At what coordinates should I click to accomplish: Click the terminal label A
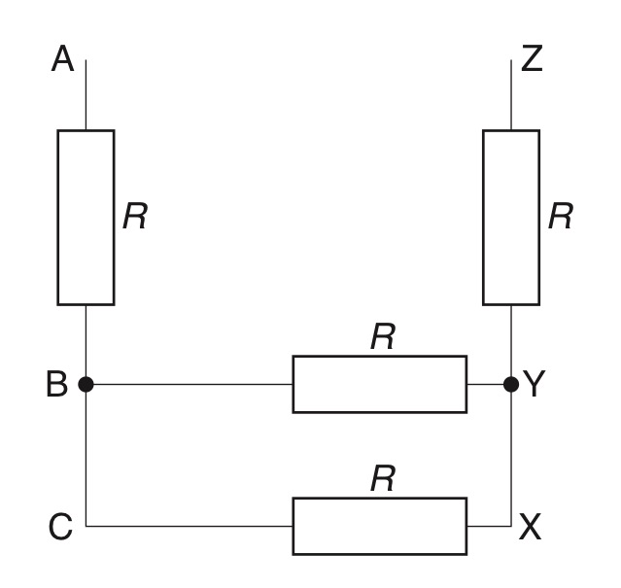[62, 60]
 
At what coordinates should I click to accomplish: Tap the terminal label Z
[532, 60]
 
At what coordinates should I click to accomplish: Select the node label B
[57, 385]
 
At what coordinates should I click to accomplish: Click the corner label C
[59, 527]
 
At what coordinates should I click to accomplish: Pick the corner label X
[532, 527]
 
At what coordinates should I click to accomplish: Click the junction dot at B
[86, 385]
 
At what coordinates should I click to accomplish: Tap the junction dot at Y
[511, 385]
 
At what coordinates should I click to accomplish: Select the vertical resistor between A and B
[86, 217]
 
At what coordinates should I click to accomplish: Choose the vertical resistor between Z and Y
[511, 217]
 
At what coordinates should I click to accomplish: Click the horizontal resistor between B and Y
[379, 385]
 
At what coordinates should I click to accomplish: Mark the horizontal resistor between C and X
[379, 526]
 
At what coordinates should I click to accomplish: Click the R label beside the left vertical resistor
[135, 217]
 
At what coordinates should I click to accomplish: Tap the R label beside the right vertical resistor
[560, 217]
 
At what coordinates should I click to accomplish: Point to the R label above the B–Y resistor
[383, 336]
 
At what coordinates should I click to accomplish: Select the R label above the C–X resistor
[383, 478]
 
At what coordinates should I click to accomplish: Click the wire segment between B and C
[86, 457]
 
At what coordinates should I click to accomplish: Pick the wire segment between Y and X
[511, 457]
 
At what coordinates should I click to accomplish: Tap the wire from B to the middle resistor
[190, 385]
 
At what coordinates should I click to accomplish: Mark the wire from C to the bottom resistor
[190, 526]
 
